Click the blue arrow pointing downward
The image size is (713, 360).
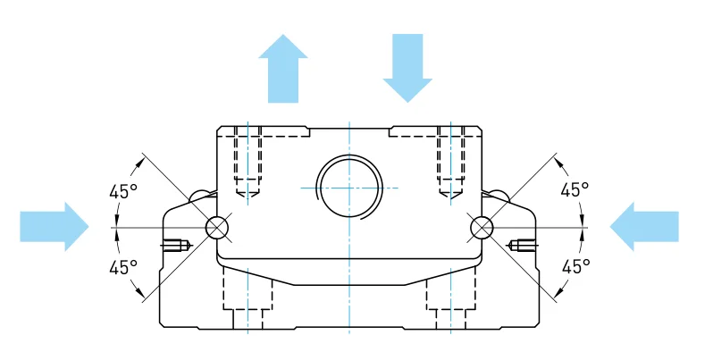pyautogui.click(x=407, y=68)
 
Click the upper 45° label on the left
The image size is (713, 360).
pyautogui.click(x=123, y=190)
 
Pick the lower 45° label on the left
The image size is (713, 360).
pyautogui.click(x=123, y=266)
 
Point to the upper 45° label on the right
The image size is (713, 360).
pyautogui.click(x=575, y=190)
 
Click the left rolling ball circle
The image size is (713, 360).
pyautogui.click(x=217, y=228)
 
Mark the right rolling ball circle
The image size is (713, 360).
pyautogui.click(x=482, y=228)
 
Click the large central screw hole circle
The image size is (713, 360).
pyautogui.click(x=349, y=188)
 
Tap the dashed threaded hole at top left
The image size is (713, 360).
pyautogui.click(x=247, y=161)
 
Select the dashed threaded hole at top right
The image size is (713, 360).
pyautogui.click(x=451, y=161)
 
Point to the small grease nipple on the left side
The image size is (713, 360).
pyautogui.click(x=174, y=244)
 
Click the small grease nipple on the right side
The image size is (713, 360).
pyautogui.click(x=524, y=244)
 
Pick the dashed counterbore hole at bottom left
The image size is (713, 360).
pyautogui.click(x=247, y=299)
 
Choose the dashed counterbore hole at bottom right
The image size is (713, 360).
pyautogui.click(x=451, y=299)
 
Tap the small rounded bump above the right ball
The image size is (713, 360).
pyautogui.click(x=498, y=196)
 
